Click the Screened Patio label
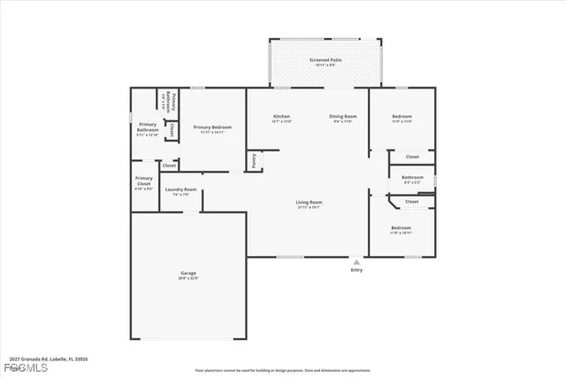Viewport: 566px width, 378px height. [x=325, y=60]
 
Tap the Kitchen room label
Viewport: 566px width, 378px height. [x=282, y=117]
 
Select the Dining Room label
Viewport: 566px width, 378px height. [x=342, y=117]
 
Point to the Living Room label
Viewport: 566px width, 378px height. [x=309, y=203]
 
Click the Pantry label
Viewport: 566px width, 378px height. [x=255, y=160]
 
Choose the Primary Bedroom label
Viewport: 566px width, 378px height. [x=212, y=127]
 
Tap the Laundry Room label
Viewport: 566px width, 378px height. [x=181, y=189]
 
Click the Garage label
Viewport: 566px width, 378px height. [x=189, y=273]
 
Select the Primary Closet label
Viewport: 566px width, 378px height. [x=143, y=181]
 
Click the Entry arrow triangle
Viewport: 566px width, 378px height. [x=356, y=262]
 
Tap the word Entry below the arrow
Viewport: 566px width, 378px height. [x=356, y=270]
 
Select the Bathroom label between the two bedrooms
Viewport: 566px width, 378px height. [x=412, y=177]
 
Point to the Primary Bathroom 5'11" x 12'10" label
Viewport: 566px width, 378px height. [x=147, y=130]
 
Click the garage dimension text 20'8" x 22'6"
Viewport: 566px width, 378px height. [x=189, y=278]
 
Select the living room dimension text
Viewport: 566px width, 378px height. [x=309, y=208]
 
